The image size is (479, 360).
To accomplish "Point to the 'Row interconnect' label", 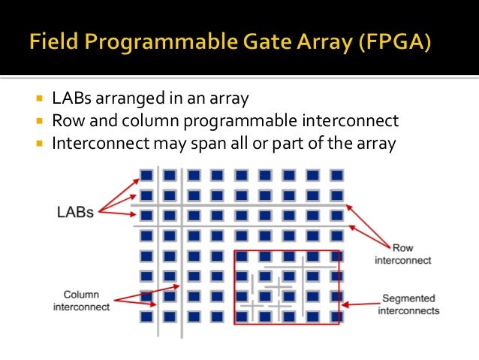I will [402, 254].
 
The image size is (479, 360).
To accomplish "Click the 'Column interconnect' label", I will [82, 301].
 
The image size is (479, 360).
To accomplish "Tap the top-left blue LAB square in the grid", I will [146, 176].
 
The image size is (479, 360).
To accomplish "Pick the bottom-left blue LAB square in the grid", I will [146, 316].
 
